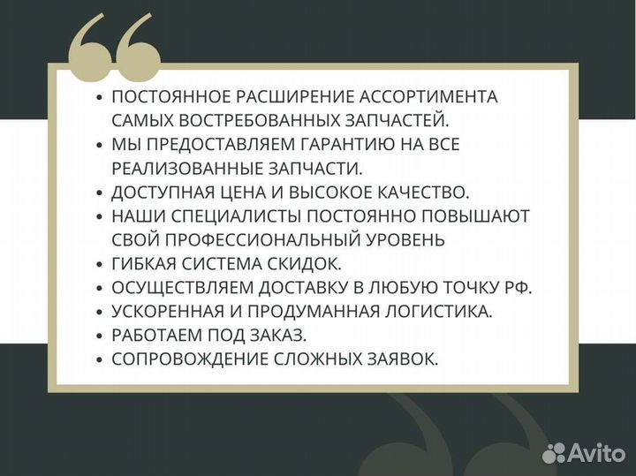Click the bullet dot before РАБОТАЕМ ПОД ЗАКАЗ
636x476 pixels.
coord(100,336)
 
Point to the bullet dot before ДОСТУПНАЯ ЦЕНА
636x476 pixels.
coord(100,192)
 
